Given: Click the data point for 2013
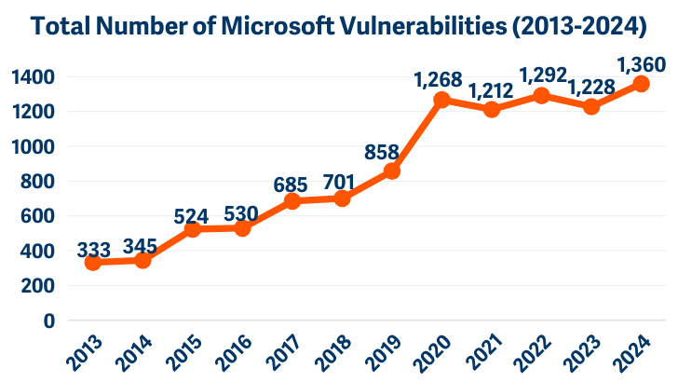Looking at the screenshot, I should pyautogui.click(x=93, y=263).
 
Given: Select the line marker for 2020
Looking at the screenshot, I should pyautogui.click(x=442, y=100).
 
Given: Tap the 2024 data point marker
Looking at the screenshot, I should pyautogui.click(x=642, y=84).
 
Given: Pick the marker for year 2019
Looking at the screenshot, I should pyautogui.click(x=392, y=171).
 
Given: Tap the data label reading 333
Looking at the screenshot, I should pyautogui.click(x=93, y=249).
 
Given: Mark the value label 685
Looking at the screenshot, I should pyautogui.click(x=292, y=184).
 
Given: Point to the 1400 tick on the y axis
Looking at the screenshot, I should pyautogui.click(x=34, y=76).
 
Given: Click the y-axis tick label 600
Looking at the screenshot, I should pyautogui.click(x=39, y=216).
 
